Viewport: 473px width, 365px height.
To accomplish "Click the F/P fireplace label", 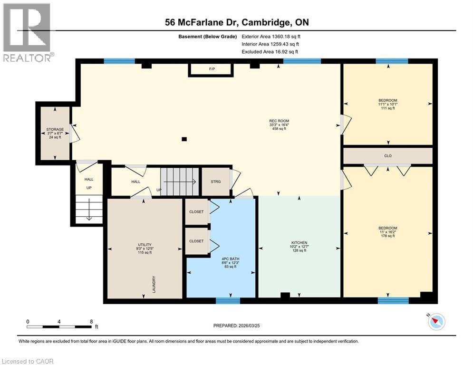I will (x=212, y=69).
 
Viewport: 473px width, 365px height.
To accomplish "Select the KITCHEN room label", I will (x=299, y=246).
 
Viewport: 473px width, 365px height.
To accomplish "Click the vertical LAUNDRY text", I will (x=154, y=285).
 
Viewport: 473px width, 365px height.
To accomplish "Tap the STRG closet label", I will (x=216, y=181).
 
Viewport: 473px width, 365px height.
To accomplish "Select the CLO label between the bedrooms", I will (x=388, y=155).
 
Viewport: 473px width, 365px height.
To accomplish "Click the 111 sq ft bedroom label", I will (x=388, y=104).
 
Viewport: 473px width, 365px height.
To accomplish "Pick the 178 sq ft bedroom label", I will (x=388, y=231).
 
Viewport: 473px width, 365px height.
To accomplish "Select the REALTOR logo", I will (x=27, y=33).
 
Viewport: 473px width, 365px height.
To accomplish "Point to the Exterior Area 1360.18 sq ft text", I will (x=271, y=36).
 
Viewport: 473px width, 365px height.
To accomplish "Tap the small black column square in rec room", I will (x=184, y=139).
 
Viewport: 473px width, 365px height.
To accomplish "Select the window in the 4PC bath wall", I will (x=228, y=300).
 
